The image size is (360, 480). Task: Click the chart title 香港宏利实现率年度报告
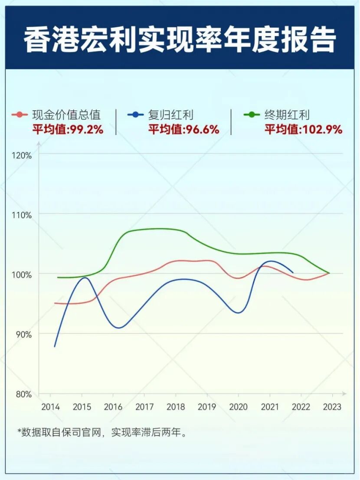(180, 40)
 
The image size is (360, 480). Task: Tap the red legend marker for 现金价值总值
(19, 115)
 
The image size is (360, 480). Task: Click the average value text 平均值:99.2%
(68, 129)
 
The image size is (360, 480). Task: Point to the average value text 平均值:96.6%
(184, 129)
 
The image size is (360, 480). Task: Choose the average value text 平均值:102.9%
(304, 129)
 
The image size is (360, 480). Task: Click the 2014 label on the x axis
(50, 407)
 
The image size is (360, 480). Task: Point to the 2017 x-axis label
(144, 407)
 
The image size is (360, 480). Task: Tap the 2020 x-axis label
(238, 407)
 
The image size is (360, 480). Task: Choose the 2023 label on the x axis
(332, 407)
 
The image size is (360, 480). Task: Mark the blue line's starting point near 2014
(55, 346)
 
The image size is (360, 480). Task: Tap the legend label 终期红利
(287, 115)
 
